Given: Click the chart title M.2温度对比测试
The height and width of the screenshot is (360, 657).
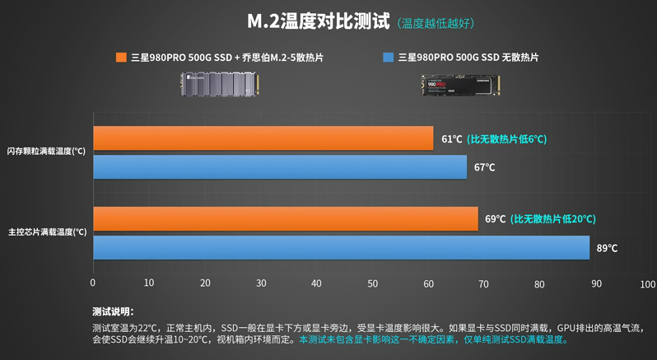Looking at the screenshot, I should [319, 21].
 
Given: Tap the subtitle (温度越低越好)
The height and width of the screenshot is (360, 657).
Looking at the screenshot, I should [436, 23].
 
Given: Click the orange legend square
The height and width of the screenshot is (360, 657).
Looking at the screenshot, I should [121, 58].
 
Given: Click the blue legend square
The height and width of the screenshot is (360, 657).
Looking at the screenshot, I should [389, 58].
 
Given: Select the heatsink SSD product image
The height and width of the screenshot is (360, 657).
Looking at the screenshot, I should [219, 83].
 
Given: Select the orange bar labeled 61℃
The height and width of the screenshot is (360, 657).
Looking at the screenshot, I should [263, 138].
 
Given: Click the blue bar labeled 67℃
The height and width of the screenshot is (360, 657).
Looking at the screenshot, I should [280, 167].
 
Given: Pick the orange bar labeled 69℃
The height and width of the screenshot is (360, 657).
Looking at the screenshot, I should [285, 219].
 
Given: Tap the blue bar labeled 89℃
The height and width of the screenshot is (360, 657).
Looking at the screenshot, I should [341, 248].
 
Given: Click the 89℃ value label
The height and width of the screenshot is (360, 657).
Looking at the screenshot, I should [607, 248].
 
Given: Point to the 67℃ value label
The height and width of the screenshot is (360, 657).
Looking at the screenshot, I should [484, 167].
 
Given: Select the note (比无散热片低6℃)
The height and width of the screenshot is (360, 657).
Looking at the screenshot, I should [506, 139].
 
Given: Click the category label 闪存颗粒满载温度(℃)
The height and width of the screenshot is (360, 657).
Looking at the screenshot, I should [46, 152].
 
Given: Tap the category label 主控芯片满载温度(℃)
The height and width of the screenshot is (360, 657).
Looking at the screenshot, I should [47, 232].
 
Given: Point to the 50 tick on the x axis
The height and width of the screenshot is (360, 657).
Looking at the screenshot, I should [372, 284].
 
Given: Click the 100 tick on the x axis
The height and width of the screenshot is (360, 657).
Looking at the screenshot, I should [648, 284].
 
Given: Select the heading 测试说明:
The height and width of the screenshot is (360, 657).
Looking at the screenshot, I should [113, 311].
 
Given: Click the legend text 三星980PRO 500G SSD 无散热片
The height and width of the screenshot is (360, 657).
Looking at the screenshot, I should [468, 58].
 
